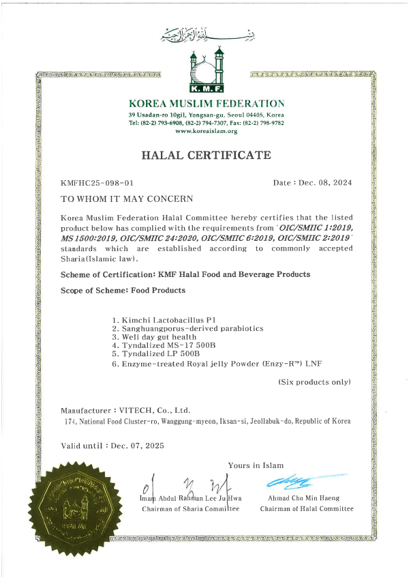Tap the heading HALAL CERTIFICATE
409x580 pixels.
(x=206, y=156)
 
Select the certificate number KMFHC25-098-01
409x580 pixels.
(x=97, y=184)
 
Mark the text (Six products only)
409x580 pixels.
(x=314, y=382)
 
